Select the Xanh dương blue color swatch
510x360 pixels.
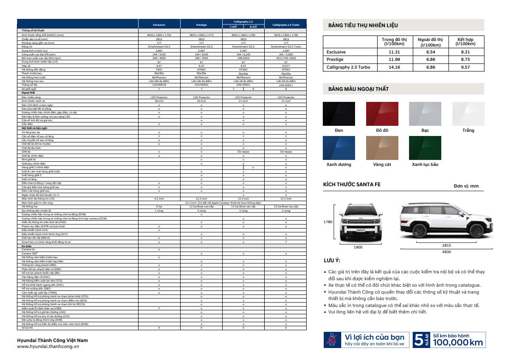tap(339, 148)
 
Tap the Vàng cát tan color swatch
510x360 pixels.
tap(382, 148)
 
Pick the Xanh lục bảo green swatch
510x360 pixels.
tap(425, 148)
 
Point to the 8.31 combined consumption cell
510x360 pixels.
tap(465, 52)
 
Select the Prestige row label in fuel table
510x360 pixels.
tap(335, 59)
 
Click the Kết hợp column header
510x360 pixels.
tap(465, 42)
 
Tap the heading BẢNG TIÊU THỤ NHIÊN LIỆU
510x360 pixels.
tap(363, 25)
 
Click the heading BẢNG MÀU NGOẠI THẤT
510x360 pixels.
tap(358, 89)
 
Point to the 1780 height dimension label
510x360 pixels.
tap(328, 222)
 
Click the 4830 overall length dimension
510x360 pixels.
tap(446, 252)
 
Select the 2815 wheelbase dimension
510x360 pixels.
tap(447, 246)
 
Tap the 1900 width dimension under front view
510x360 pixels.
tap(358, 248)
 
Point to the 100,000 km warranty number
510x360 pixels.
tap(458, 342)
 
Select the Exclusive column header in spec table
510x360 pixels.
tap(159, 24)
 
